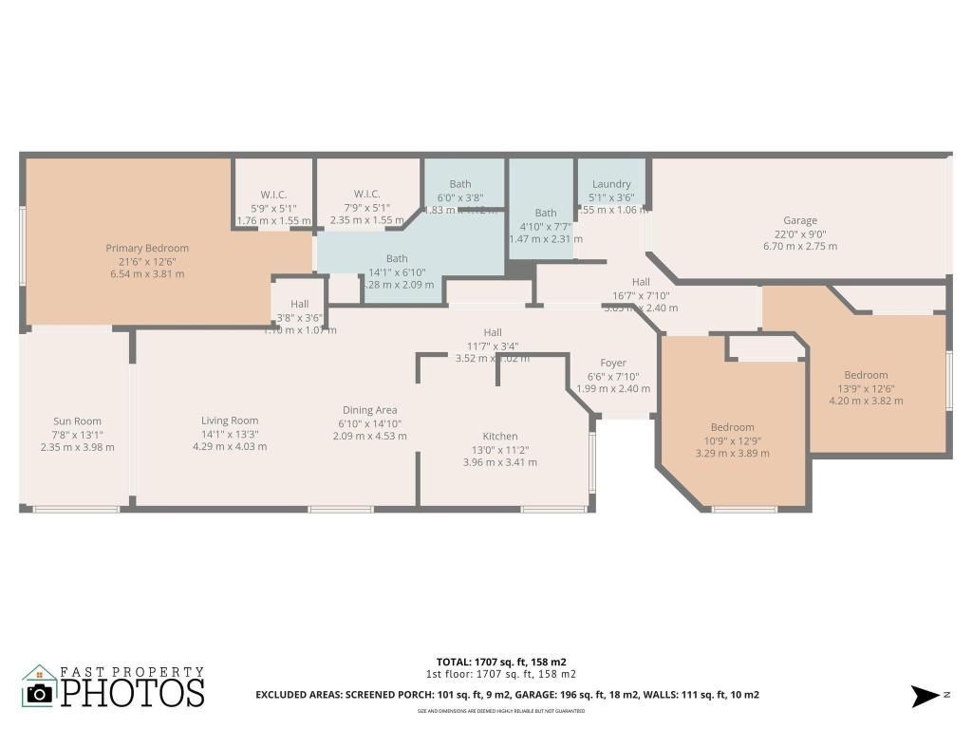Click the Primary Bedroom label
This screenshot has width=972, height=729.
coord(147,249)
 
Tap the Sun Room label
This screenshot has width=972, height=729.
coord(78,421)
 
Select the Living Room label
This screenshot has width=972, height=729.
coord(230,421)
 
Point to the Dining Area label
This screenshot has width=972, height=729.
coord(369,410)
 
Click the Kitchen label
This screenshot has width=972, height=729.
coord(500,437)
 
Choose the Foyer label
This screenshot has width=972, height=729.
coord(613,363)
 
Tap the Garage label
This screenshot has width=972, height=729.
coord(800,221)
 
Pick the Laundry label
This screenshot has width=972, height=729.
coord(611,184)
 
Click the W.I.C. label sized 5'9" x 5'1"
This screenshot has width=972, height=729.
coord(274,195)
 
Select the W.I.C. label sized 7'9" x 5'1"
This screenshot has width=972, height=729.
coord(367,195)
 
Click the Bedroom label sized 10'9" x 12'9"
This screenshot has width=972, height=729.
coord(733,427)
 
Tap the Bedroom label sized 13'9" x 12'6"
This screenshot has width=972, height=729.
coord(866,375)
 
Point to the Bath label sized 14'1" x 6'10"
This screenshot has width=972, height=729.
coord(397,258)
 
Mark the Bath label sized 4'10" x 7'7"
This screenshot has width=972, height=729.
coord(546,214)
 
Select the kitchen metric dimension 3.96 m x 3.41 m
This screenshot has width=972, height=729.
coord(500,463)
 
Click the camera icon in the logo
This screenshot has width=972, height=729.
coord(39,693)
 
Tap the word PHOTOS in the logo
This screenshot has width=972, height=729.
coord(133,693)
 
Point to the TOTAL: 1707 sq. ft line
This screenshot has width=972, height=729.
coord(501,662)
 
